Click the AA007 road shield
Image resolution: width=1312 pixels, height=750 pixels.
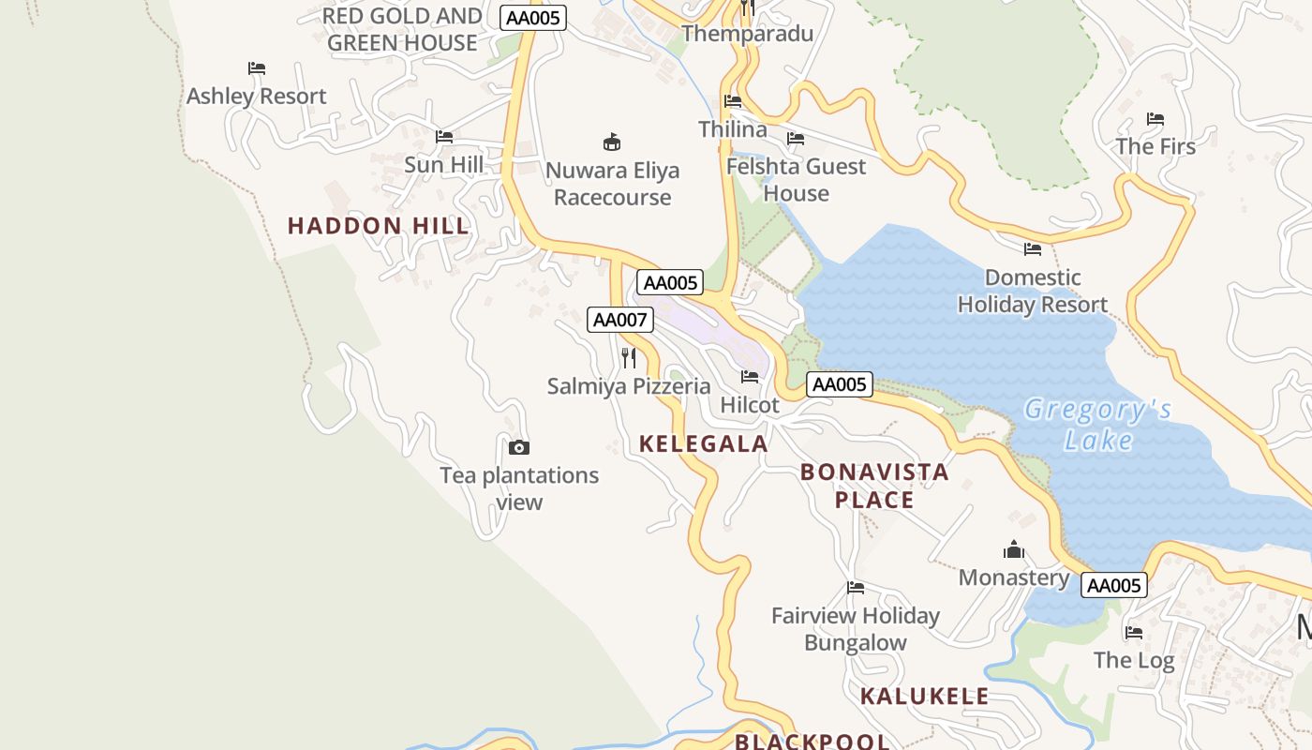click(x=619, y=320)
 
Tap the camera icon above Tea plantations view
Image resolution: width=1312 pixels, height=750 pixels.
click(x=518, y=447)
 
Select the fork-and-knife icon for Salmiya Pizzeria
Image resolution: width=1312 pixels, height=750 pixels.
click(x=629, y=357)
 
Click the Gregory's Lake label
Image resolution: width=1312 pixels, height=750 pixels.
click(x=1097, y=425)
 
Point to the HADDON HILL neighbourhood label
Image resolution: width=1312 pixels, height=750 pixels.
click(x=378, y=226)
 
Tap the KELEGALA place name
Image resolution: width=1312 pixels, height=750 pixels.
click(x=703, y=444)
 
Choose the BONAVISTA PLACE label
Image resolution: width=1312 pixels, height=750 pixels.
click(x=874, y=486)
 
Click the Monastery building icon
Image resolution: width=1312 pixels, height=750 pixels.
click(x=1013, y=549)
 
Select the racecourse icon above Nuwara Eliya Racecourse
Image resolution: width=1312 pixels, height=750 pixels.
click(x=612, y=142)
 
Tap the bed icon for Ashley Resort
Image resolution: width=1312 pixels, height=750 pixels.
click(x=257, y=67)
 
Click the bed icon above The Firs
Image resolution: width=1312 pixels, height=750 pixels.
click(x=1155, y=119)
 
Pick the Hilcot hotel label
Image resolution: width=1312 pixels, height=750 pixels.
click(x=750, y=405)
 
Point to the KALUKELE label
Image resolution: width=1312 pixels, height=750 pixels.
click(x=924, y=696)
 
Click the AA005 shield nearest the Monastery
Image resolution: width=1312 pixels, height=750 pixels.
click(x=1113, y=586)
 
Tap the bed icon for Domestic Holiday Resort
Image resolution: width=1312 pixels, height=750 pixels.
click(x=1033, y=248)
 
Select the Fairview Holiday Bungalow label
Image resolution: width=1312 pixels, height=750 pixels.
click(x=855, y=629)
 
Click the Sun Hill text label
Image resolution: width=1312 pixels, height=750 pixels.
click(x=444, y=165)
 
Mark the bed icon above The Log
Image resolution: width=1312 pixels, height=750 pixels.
click(x=1134, y=632)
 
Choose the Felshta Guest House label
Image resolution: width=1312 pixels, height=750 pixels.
click(x=796, y=180)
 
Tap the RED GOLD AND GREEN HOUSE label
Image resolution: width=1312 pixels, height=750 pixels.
click(x=402, y=29)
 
